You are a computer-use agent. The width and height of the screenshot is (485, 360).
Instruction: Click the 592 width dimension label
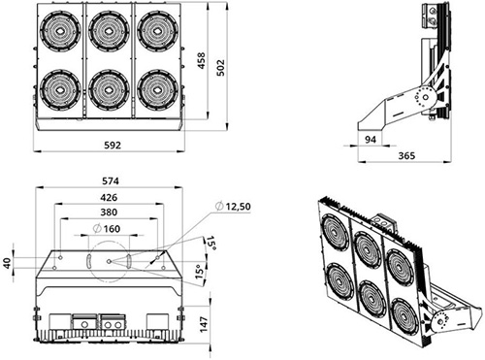click(113, 146)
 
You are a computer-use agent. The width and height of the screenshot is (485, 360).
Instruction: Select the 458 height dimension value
click(201, 60)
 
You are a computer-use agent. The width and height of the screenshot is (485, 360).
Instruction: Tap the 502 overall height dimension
click(220, 67)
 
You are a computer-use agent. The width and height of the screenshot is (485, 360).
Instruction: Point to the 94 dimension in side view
click(371, 140)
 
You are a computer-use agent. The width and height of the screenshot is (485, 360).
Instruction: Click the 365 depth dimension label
click(406, 155)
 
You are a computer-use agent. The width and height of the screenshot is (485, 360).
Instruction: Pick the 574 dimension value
click(111, 181)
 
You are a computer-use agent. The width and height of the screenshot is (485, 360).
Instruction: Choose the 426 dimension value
click(109, 197)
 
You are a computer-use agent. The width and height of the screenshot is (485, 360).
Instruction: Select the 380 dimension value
click(109, 213)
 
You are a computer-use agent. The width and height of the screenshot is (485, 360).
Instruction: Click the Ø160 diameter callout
click(107, 229)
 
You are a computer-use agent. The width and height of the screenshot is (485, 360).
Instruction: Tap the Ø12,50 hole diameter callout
click(233, 206)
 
